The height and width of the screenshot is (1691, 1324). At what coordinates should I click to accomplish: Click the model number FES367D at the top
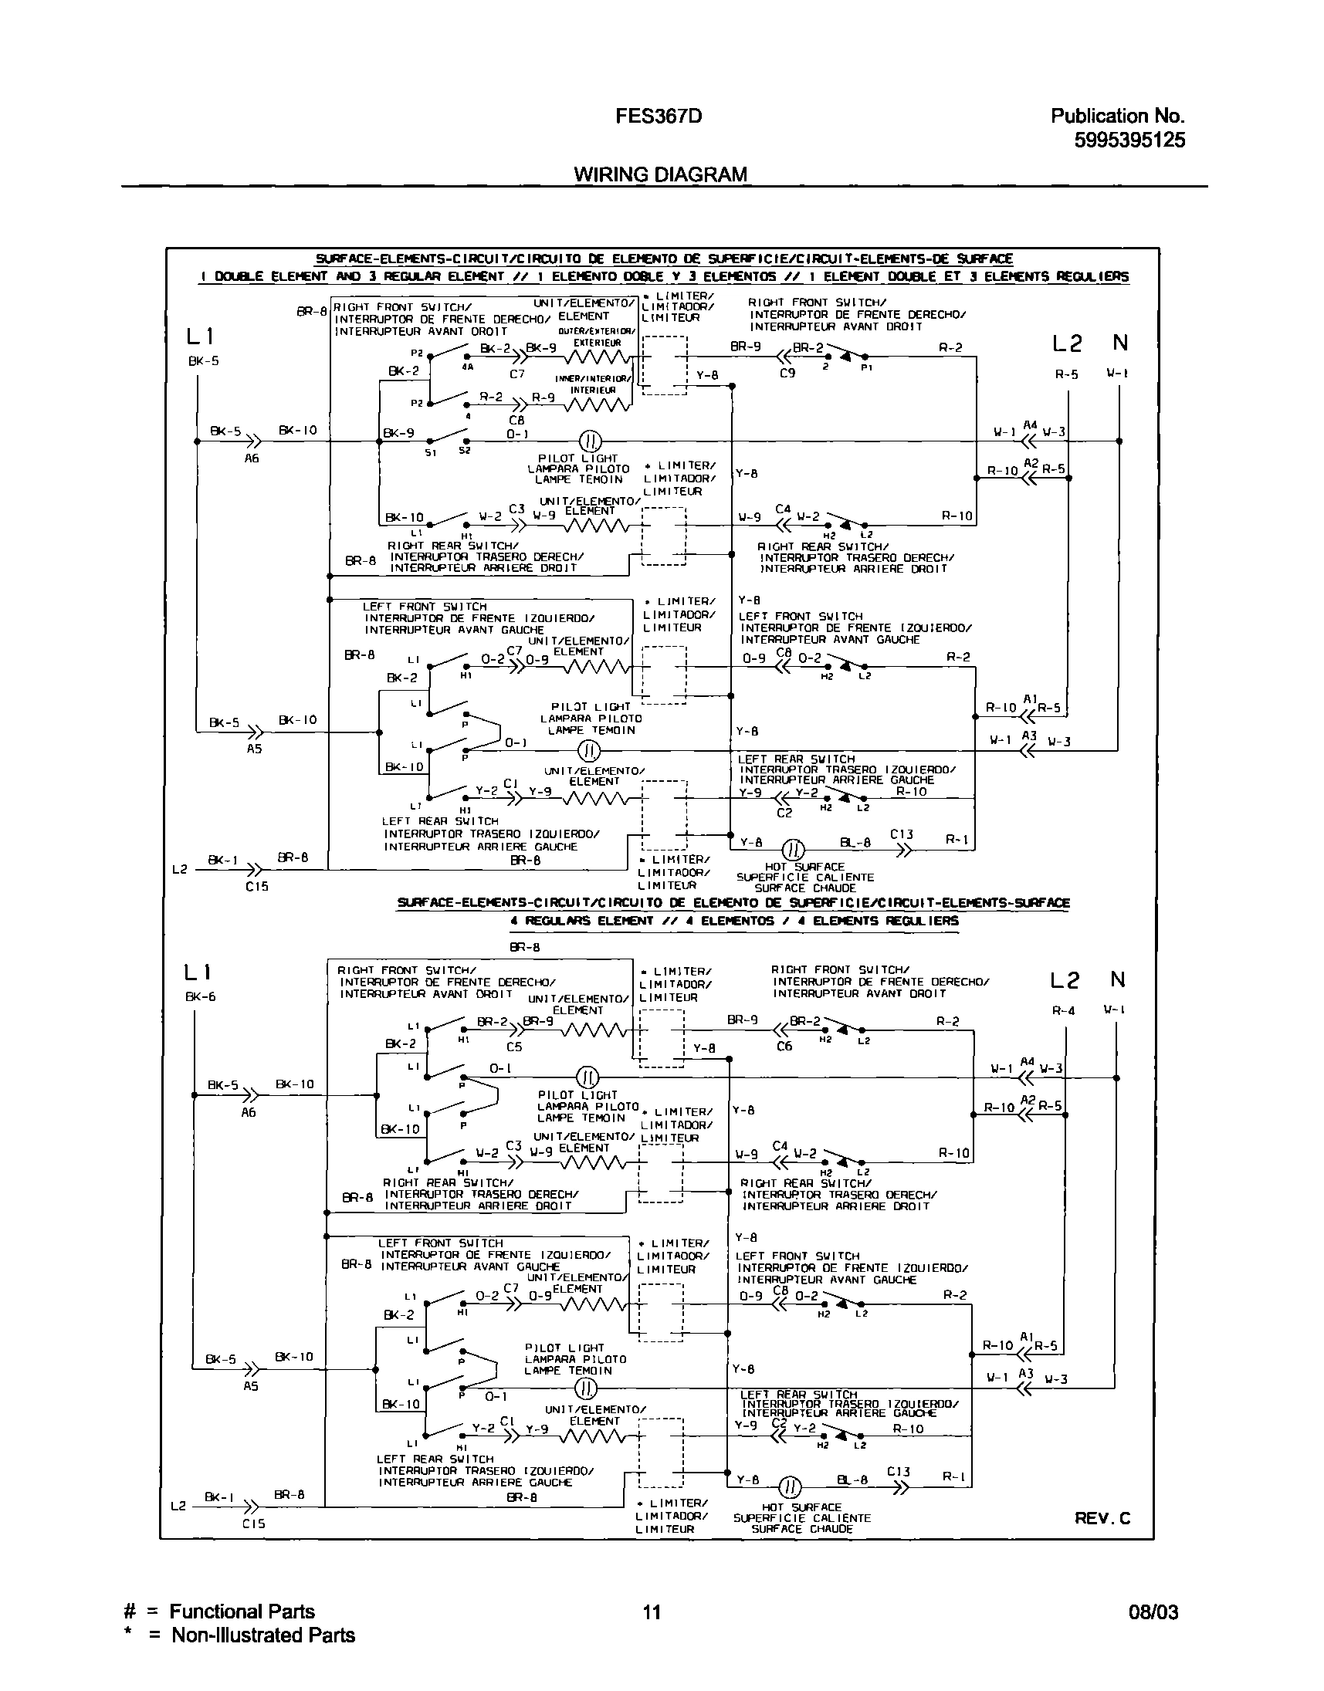click(659, 117)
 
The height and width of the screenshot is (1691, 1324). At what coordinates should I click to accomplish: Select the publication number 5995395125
click(1129, 140)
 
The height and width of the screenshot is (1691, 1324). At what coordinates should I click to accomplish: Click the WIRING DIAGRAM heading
click(660, 174)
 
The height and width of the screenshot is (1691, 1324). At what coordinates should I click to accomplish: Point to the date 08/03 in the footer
click(1153, 1612)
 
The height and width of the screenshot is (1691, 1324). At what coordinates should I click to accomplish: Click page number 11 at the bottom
click(652, 1612)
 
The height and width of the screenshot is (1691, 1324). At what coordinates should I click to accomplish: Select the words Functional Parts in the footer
click(242, 1612)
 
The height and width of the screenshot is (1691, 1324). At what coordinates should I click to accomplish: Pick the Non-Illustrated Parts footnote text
click(262, 1635)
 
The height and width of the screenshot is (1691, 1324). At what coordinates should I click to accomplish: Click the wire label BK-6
click(201, 996)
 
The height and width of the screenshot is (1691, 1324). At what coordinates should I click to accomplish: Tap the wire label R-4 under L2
click(1063, 1010)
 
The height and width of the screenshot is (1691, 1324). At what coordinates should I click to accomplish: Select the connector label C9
click(787, 373)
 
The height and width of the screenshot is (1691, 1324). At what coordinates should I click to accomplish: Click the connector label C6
click(784, 1047)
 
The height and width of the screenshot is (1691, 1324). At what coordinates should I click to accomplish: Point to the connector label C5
click(514, 1047)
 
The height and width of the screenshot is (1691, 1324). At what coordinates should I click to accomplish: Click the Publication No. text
click(1117, 117)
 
